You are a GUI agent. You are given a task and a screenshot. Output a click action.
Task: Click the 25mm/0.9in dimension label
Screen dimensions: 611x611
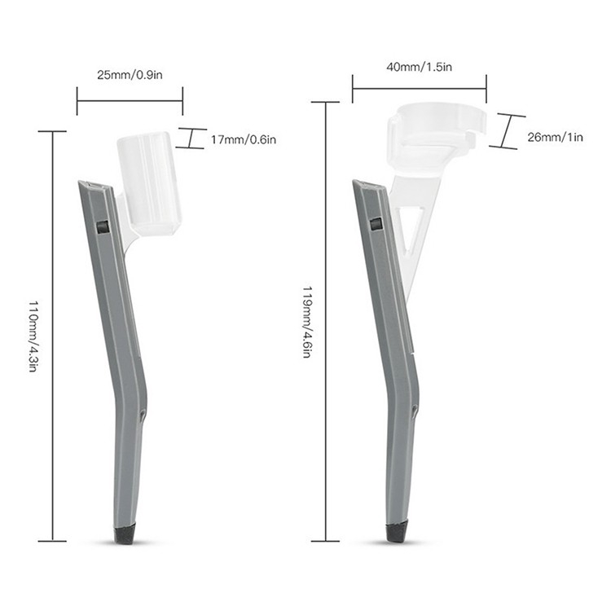pos(130,74)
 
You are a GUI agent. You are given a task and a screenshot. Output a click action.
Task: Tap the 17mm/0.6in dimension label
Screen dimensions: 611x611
pos(244,139)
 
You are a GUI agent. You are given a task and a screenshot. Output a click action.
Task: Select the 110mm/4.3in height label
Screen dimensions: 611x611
pos(33,336)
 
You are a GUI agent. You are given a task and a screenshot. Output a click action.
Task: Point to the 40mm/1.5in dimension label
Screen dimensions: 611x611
pos(419,67)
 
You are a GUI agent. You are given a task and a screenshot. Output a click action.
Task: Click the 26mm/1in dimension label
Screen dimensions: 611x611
pos(556,137)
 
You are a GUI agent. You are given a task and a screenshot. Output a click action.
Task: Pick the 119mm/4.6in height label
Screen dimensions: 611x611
pos(307,322)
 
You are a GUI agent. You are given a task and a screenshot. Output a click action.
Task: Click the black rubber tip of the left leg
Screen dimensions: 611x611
pos(126,534)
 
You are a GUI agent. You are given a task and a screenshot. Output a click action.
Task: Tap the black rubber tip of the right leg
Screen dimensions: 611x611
pos(397,533)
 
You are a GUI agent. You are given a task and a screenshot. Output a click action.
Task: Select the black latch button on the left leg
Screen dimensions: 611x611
pos(102,226)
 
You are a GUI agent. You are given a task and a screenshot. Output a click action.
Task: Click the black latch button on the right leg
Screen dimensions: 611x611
pos(376,225)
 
